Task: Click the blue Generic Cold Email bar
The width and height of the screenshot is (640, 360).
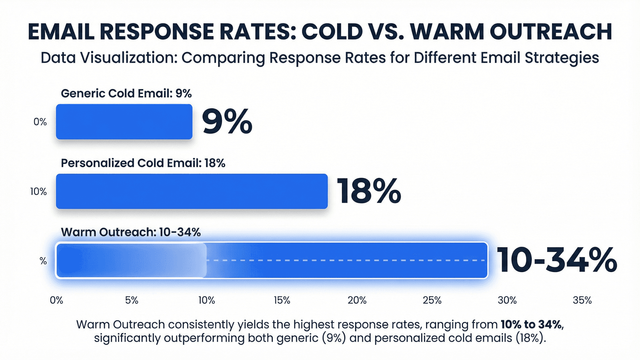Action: [x=124, y=122]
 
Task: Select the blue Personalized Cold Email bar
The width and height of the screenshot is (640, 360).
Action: [x=192, y=192]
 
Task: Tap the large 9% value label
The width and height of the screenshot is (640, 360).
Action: [x=227, y=122]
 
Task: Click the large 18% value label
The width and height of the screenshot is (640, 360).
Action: [x=368, y=191]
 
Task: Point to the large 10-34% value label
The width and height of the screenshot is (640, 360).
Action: [x=557, y=260]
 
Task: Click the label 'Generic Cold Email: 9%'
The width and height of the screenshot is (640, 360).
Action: [x=126, y=94]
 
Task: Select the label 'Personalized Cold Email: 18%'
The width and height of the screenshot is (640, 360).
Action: [x=143, y=163]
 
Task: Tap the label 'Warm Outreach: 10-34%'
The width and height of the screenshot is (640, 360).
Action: [x=130, y=232]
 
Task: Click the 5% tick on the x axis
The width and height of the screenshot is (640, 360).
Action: [x=132, y=300]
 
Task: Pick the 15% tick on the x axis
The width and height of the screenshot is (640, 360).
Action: [x=282, y=300]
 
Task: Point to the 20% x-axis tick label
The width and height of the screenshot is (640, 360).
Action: [x=357, y=300]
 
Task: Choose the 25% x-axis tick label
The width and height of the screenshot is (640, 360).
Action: [x=432, y=300]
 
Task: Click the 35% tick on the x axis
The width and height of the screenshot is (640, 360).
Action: [x=582, y=300]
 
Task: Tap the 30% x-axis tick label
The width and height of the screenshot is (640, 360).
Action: [x=507, y=300]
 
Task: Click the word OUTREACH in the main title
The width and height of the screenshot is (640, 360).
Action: [x=551, y=32]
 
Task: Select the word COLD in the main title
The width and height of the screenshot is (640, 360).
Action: [x=332, y=32]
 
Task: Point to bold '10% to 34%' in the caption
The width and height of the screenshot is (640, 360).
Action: [x=532, y=324]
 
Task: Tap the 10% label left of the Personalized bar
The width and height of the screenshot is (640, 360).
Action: [x=38, y=192]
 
